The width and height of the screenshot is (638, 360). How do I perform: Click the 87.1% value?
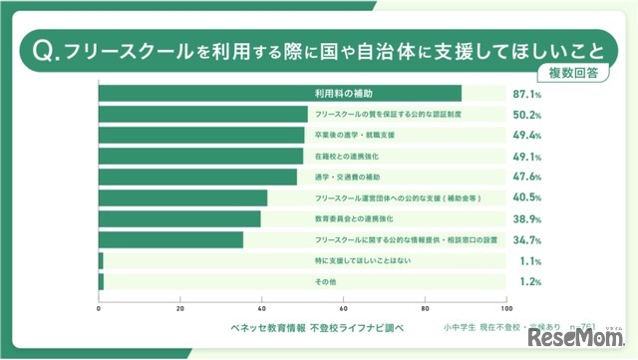(x=526, y=94)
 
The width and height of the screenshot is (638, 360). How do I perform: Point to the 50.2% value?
(x=526, y=115)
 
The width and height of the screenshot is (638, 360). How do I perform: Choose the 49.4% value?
(x=526, y=136)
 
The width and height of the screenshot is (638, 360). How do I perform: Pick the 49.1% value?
(x=526, y=157)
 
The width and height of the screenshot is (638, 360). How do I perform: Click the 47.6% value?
(x=526, y=178)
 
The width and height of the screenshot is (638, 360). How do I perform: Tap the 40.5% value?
(x=526, y=198)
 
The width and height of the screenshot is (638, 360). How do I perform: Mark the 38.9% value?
(x=526, y=219)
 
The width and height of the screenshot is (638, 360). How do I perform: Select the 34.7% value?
(x=526, y=240)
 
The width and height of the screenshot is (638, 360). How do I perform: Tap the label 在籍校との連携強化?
(x=347, y=157)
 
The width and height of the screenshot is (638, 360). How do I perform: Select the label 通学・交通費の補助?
(x=347, y=178)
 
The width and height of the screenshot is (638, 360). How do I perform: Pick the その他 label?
(x=326, y=282)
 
